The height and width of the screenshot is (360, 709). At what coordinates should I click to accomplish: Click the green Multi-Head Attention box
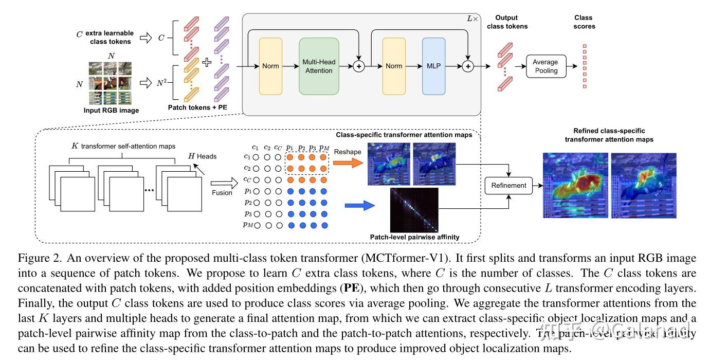click(319, 66)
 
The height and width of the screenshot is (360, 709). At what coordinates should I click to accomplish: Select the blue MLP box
click(433, 66)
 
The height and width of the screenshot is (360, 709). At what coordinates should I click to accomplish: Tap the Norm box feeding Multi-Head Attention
click(270, 66)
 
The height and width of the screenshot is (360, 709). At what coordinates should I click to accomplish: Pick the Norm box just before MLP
click(394, 66)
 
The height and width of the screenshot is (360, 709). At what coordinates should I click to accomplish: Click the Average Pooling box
click(546, 66)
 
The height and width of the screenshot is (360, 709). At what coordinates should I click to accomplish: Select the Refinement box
click(508, 185)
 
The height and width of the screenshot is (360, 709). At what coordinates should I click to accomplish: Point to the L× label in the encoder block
click(471, 19)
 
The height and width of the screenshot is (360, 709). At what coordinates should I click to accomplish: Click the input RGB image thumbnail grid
click(110, 83)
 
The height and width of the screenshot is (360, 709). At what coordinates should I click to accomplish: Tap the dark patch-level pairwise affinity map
click(414, 210)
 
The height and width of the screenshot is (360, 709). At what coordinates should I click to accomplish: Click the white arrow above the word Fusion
click(222, 182)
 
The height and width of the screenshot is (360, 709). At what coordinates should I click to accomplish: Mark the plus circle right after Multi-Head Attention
click(358, 66)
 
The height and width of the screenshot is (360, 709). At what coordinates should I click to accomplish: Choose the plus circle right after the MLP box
click(467, 66)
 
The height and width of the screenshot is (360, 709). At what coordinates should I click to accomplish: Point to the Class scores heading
click(584, 22)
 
